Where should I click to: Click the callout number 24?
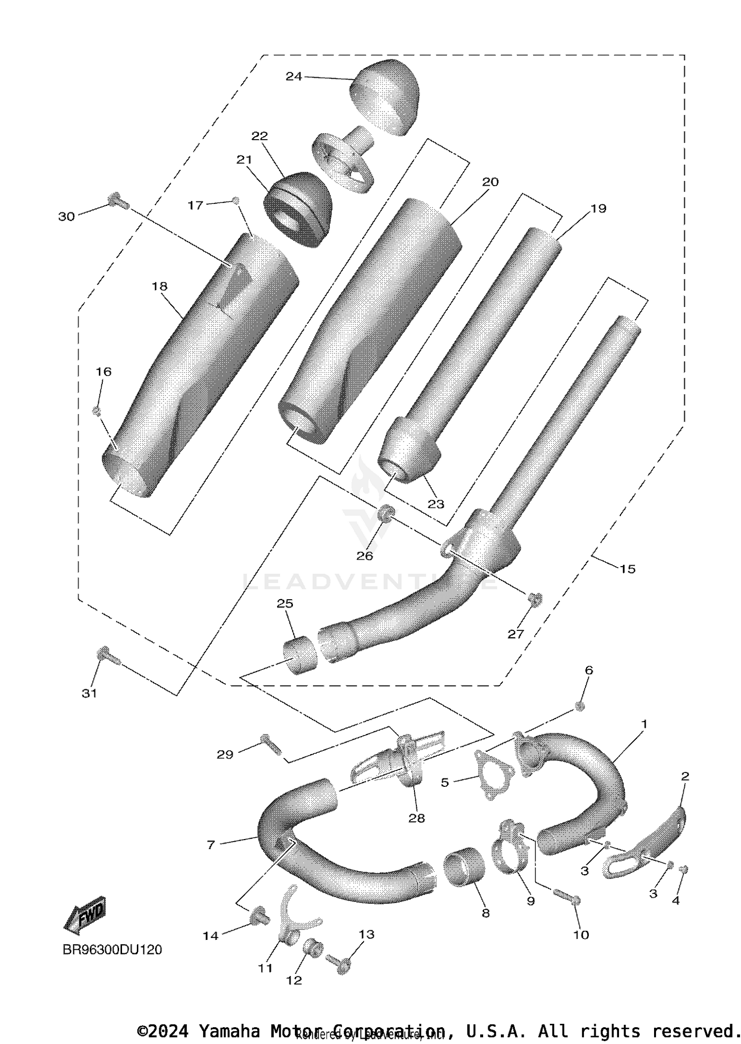coord(293,77)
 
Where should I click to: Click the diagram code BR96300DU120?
coord(112,949)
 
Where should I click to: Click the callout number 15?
coord(627,569)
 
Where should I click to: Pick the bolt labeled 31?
coord(107,657)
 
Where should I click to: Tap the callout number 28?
coord(416,818)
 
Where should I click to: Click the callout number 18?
coord(160,286)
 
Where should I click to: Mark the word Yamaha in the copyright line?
coord(229,1031)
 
